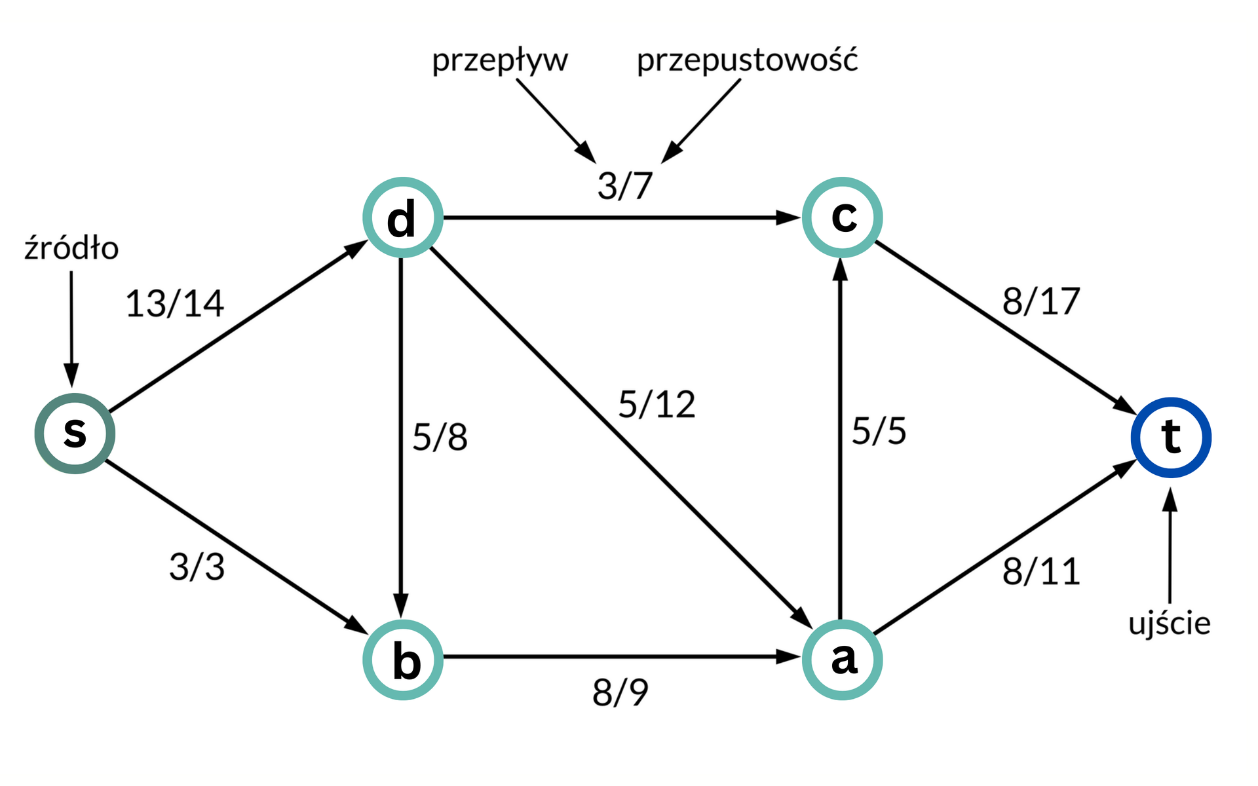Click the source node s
[75, 434]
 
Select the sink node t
[1171, 437]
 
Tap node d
[402, 217]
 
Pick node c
[843, 217]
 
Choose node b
[402, 660]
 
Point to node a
[843, 660]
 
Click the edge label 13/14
[174, 304]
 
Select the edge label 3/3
[197, 567]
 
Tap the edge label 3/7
[624, 185]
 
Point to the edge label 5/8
[440, 437]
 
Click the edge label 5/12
[657, 404]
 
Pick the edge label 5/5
[879, 431]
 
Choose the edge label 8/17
[1040, 301]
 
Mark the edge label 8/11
[1040, 571]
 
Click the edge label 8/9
[620, 692]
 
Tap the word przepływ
[500, 61]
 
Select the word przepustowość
[747, 61]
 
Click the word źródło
[71, 248]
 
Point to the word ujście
[1169, 624]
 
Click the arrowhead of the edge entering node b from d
[401, 605]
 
